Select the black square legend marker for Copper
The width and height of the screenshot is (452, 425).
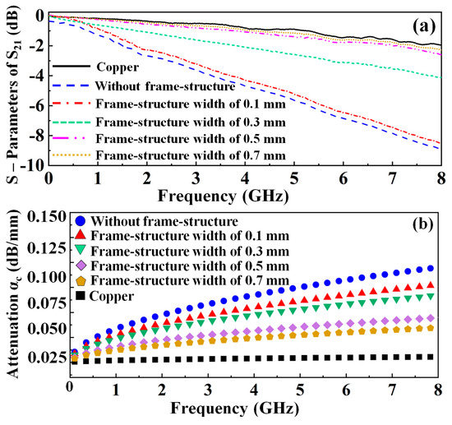79,294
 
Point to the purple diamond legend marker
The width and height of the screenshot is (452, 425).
79,265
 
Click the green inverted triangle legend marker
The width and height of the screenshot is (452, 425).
79,250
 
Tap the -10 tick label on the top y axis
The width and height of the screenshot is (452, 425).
30,164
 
